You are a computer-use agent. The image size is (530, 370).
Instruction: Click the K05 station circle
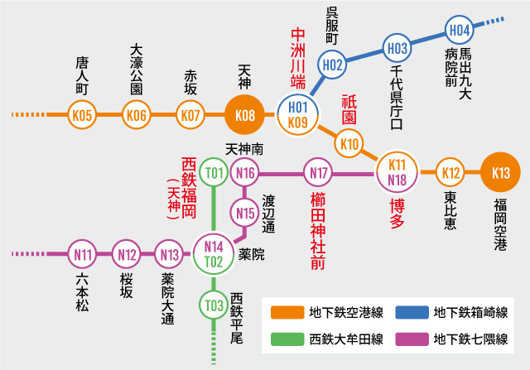(x=82, y=114)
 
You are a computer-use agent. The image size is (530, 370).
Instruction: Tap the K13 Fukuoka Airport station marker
(x=500, y=173)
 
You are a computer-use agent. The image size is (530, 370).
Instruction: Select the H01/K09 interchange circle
(x=298, y=114)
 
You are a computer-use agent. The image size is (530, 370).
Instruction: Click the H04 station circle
(x=460, y=30)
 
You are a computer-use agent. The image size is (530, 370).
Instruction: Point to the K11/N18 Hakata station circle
(x=397, y=172)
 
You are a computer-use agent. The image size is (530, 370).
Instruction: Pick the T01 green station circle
(x=214, y=172)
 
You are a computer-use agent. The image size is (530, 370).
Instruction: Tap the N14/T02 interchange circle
(x=214, y=254)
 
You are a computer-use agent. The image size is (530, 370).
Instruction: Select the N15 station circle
(x=245, y=213)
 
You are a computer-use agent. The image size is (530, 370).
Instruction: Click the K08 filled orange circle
(x=245, y=114)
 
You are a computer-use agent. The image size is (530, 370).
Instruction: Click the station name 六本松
(x=82, y=294)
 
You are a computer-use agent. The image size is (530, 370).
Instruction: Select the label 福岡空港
(x=499, y=224)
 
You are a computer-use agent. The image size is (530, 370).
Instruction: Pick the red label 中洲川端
(x=298, y=58)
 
